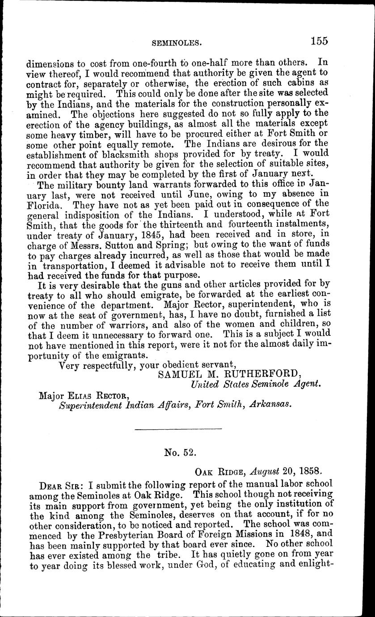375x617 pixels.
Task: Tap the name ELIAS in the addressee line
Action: point(81,395)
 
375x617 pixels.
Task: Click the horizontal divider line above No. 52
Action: point(178,430)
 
